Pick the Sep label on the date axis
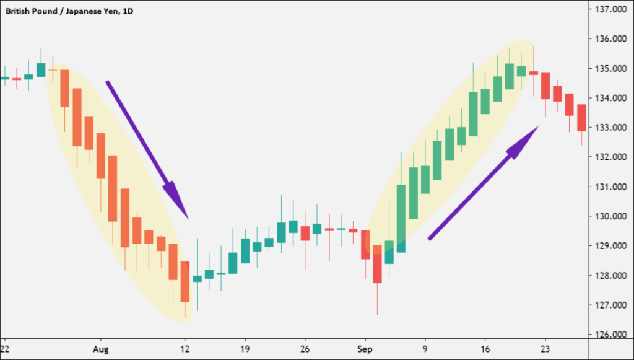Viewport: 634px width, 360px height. coord(365,349)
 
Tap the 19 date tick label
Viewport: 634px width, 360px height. coord(245,349)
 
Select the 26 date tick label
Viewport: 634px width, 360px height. coord(305,349)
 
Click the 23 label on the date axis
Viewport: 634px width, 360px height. coord(545,349)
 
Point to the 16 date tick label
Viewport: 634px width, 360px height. coord(485,349)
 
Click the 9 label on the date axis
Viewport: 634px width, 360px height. coord(425,349)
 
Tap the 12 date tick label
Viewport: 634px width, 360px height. coord(185,349)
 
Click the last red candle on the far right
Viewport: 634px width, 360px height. coord(581,118)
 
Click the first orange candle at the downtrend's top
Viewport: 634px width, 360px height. coord(64,88)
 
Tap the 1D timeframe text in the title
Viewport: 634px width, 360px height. coord(128,11)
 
